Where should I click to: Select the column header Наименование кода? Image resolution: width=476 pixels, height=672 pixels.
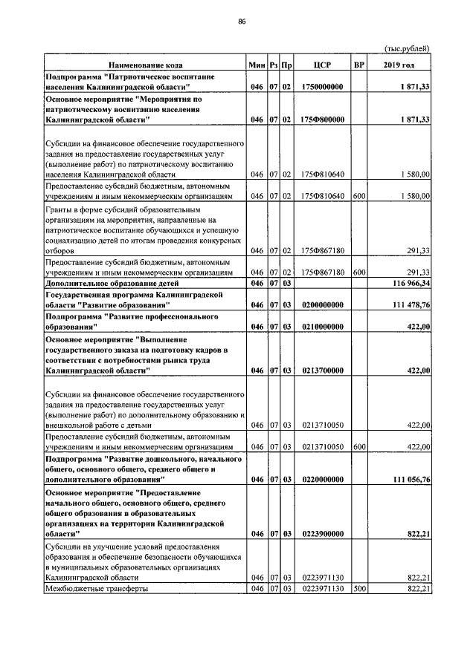145,65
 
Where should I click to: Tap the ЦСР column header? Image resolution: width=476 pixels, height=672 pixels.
322,65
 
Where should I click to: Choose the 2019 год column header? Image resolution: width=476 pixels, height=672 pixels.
399,65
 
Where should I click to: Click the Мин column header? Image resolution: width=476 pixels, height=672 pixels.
257,65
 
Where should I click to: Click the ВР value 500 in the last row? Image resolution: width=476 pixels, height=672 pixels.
358,589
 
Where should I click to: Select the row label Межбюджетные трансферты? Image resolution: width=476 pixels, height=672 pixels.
97,589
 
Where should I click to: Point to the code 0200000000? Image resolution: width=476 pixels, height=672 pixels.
322,305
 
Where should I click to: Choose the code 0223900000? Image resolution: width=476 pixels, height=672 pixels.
322,534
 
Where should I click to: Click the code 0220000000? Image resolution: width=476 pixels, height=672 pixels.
322,480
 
